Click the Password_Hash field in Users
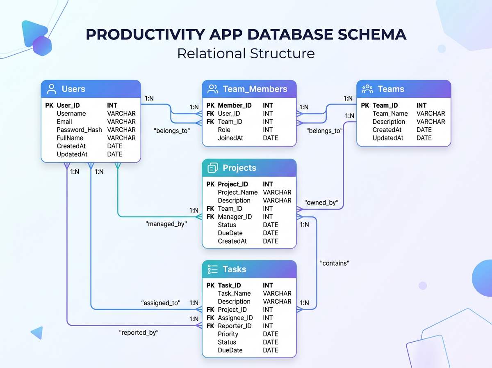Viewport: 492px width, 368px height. click(79, 130)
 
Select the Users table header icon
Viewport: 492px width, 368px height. click(52, 89)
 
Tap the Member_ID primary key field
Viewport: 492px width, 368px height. click(235, 106)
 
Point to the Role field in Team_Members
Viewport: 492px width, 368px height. click(224, 130)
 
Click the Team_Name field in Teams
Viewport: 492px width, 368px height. click(390, 114)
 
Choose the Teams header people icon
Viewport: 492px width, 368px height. click(368, 89)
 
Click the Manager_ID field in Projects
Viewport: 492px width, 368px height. click(235, 217)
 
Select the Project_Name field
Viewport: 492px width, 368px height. click(237, 192)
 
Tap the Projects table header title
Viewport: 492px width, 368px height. click(239, 168)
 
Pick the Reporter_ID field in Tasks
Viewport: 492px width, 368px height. click(235, 326)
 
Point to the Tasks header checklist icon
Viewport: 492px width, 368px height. click(213, 269)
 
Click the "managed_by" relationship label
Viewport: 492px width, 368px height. click(166, 224)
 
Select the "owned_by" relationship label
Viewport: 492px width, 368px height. click(321, 202)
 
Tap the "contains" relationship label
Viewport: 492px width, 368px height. click(335, 263)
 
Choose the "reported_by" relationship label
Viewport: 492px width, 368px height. click(139, 333)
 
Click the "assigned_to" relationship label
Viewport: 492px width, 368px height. click(161, 303)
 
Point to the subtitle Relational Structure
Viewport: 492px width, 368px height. click(246, 53)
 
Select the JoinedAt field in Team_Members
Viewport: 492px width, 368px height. click(230, 138)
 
